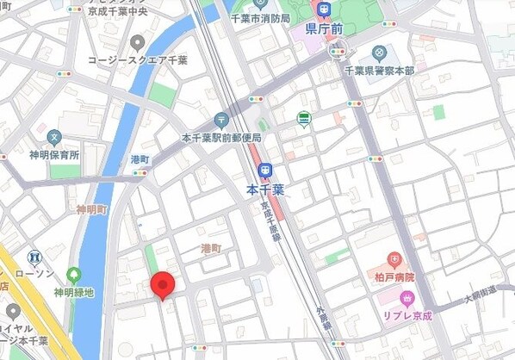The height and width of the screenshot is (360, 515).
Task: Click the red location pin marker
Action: (x=162, y=285)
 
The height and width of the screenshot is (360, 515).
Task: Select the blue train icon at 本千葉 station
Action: (x=265, y=171)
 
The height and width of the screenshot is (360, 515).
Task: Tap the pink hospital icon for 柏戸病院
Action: (x=394, y=259)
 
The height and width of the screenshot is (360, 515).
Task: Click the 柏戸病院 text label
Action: (x=394, y=277)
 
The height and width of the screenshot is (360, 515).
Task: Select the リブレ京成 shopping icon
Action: (x=406, y=298)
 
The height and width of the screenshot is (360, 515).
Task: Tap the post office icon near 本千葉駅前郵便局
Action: (x=221, y=120)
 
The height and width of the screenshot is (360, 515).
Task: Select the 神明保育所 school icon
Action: (x=54, y=137)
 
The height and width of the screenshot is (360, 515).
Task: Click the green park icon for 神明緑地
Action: (x=75, y=275)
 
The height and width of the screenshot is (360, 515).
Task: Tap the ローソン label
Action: (x=34, y=273)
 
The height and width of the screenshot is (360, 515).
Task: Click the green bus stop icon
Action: (x=303, y=118)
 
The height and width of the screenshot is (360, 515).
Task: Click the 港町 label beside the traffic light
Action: (x=115, y=160)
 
